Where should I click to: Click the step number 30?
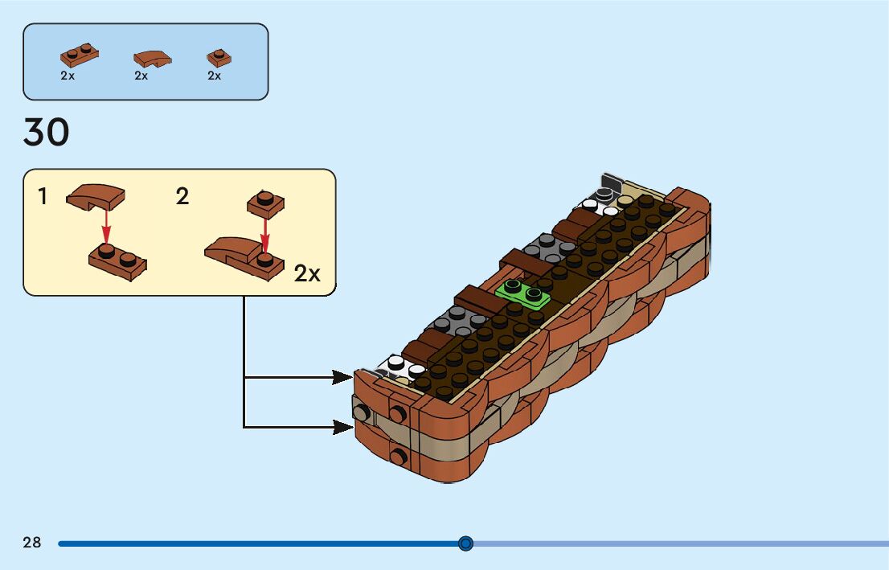click(47, 133)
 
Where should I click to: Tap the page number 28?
click(32, 543)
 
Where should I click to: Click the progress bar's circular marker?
click(465, 543)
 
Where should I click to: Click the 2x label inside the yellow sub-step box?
click(307, 274)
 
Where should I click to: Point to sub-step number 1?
click(43, 196)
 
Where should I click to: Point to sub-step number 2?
click(182, 196)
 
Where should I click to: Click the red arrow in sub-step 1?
click(104, 224)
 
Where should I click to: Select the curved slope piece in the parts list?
click(152, 58)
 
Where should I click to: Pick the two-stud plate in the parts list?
click(80, 55)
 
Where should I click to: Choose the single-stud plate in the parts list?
click(219, 57)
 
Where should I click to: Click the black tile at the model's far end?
click(612, 183)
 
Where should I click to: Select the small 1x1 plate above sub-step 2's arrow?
click(264, 201)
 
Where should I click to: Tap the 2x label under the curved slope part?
click(141, 76)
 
